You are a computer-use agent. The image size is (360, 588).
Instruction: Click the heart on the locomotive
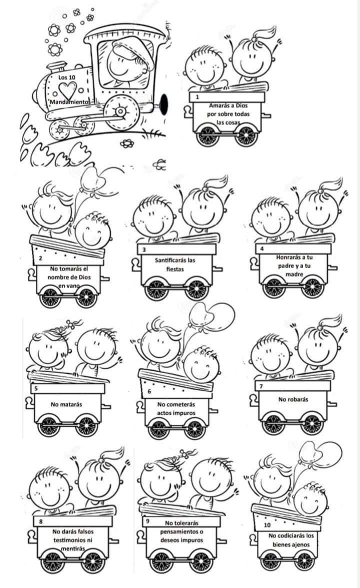click(x=67, y=89)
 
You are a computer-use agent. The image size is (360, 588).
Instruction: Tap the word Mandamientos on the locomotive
click(x=70, y=102)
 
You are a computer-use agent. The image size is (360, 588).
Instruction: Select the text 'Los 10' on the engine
click(x=67, y=77)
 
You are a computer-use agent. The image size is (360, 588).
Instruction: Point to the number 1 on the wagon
click(x=197, y=97)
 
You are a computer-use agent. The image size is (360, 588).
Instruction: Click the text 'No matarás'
click(x=66, y=404)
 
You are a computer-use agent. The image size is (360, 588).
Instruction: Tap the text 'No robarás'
click(x=293, y=399)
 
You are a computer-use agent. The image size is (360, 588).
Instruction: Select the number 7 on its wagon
click(x=261, y=386)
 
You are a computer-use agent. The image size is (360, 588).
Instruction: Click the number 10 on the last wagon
click(x=267, y=525)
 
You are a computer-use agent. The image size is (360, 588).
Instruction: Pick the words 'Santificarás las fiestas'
click(x=175, y=264)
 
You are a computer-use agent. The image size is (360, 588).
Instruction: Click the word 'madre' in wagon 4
click(x=294, y=274)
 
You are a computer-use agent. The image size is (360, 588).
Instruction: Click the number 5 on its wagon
click(x=36, y=388)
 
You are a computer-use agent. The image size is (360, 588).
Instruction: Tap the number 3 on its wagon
click(x=144, y=249)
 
